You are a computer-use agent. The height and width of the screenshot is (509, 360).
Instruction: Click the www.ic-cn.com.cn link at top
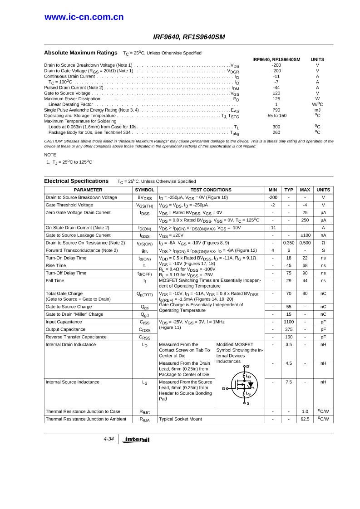point(84,17)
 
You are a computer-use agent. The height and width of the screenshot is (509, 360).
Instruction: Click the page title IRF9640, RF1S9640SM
point(189,37)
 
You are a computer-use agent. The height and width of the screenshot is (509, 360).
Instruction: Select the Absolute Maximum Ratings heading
point(81,52)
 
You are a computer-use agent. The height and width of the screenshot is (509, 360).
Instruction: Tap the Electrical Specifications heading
point(76,181)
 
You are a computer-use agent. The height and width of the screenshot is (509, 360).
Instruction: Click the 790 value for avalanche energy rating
point(276,110)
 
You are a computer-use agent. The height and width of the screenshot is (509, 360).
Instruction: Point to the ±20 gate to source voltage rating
point(276,93)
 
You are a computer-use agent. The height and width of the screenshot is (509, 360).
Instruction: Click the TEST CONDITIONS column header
point(211,190)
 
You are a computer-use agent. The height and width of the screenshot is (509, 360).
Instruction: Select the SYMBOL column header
point(144,190)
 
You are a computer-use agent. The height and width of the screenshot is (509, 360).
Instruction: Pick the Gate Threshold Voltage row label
point(69,205)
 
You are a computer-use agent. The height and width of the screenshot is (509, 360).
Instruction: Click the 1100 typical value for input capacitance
point(289,322)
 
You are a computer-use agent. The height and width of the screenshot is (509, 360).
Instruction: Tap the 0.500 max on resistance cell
point(305,243)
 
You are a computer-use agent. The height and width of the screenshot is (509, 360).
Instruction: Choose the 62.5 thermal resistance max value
point(305,419)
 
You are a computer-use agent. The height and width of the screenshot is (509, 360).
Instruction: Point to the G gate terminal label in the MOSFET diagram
point(223,388)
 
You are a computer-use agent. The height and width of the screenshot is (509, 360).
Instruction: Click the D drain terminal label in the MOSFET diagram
point(247,367)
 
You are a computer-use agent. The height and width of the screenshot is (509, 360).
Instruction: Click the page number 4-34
point(108,439)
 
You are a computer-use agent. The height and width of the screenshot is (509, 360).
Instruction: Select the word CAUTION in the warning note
point(54,141)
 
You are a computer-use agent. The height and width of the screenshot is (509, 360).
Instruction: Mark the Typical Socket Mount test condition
point(180,419)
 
